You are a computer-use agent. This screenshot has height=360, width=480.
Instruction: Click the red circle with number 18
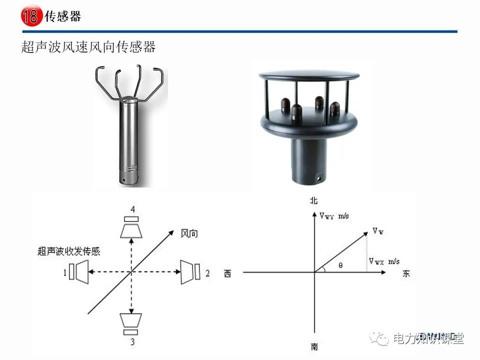pos(30,16)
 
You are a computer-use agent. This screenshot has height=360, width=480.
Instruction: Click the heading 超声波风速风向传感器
pos(88,47)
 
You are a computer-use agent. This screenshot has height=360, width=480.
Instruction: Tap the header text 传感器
pos(63,16)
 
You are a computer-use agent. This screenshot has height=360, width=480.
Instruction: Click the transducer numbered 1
pos(79,271)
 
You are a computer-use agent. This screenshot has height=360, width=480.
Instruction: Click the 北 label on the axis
pos(314,200)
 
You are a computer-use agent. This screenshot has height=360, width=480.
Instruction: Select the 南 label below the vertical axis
pos(314,346)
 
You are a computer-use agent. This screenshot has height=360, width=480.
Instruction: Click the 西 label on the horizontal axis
pos(228,273)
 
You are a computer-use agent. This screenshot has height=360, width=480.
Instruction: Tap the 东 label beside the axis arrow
pos(406,274)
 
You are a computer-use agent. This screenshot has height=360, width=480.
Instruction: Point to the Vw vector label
pos(378,231)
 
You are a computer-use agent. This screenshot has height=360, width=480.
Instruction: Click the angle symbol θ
pos(340,265)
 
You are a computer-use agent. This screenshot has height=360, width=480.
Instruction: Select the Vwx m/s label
pos(384,261)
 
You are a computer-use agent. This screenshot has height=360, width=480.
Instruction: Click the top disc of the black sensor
pos(308,75)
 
